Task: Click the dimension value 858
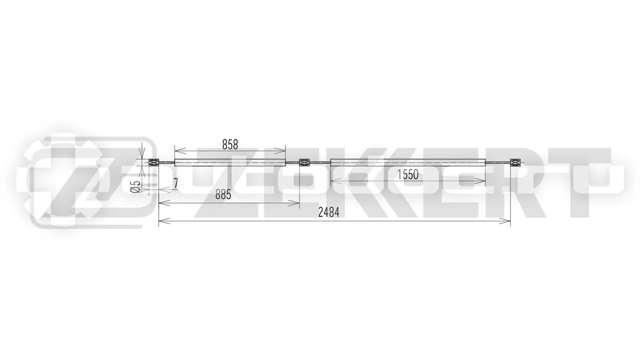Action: (230, 145)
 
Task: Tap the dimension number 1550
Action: (408, 175)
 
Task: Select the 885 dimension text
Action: (223, 195)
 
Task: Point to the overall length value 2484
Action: (329, 213)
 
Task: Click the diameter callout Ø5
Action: (136, 187)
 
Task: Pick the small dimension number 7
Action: (176, 183)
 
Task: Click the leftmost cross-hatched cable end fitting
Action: (154, 163)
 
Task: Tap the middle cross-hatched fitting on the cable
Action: (304, 163)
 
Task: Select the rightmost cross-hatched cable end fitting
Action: (515, 163)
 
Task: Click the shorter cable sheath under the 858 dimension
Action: (230, 163)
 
